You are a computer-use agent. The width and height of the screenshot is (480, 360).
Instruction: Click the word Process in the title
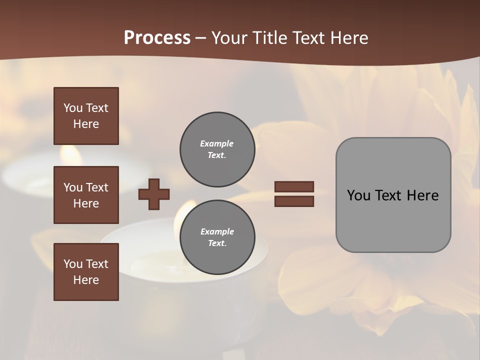point(157,38)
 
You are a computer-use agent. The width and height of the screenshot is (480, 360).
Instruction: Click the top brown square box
point(86,116)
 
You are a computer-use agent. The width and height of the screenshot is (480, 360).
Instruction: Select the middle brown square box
point(86,195)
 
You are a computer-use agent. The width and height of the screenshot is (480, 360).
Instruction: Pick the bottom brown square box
point(86,272)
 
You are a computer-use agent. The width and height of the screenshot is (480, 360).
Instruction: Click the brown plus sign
point(154,194)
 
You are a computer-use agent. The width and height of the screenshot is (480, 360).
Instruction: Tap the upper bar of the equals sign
point(294,186)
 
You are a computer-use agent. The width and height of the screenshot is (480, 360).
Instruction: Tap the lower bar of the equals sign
point(294,201)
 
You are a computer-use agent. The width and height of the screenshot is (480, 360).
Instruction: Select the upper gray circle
point(217,149)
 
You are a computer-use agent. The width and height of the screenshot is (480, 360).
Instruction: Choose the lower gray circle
point(217,237)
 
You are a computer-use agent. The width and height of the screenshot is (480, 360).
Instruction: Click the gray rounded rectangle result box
point(393,194)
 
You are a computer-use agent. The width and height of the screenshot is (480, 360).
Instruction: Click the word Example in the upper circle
point(217,143)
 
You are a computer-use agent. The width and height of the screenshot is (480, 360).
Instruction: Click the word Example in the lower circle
point(217,231)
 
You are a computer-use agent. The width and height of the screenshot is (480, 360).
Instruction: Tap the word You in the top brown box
point(72,108)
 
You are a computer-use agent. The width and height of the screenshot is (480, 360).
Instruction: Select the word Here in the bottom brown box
point(86,280)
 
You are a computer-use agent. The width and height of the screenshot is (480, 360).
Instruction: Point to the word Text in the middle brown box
point(97,187)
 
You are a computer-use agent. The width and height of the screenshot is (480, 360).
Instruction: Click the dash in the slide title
point(200,38)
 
